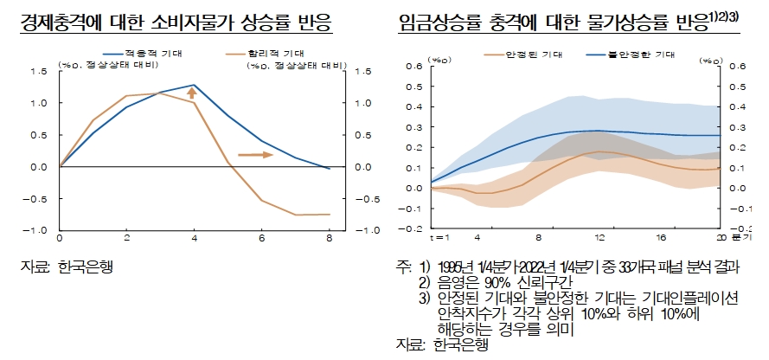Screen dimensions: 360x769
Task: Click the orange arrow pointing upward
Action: (x=194, y=93)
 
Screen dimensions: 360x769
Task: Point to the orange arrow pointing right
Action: (x=256, y=155)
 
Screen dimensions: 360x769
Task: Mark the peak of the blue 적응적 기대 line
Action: (x=194, y=86)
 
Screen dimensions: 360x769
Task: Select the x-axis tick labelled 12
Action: (x=598, y=236)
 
